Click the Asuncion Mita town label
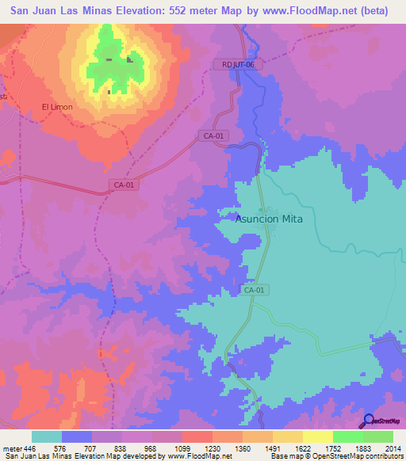[x=270, y=219]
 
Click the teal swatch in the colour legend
[x=47, y=436]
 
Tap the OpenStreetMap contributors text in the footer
[x=358, y=456]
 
